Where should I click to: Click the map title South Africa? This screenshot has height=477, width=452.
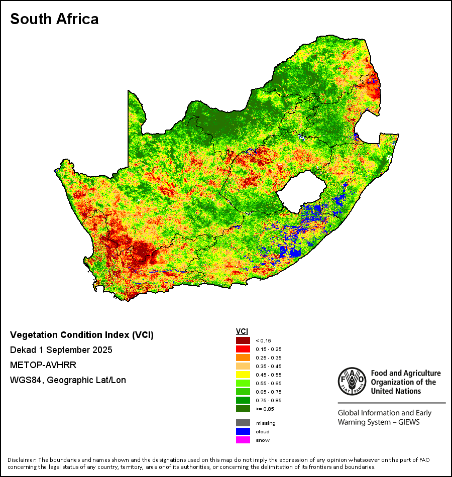click(x=54, y=19)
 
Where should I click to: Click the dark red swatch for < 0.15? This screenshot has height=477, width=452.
click(x=243, y=340)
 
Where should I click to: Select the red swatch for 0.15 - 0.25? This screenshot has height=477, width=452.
click(x=243, y=349)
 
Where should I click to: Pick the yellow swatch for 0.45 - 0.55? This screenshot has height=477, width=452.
click(x=243, y=375)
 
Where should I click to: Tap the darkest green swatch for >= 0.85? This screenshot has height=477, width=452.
click(x=243, y=409)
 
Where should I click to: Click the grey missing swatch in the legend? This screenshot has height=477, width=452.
click(x=243, y=423)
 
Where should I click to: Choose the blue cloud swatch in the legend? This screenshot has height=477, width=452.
click(x=243, y=431)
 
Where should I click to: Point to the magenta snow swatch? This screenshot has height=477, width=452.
click(x=243, y=440)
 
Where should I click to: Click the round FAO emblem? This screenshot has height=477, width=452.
click(x=351, y=381)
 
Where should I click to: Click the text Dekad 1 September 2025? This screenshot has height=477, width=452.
click(x=61, y=349)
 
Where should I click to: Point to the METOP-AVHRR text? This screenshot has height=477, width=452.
click(x=43, y=365)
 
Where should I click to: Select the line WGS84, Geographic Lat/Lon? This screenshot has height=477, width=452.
click(x=68, y=380)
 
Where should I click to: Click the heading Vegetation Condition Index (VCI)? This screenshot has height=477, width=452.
click(x=82, y=335)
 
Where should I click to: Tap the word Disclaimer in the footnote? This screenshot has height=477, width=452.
click(x=21, y=460)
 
